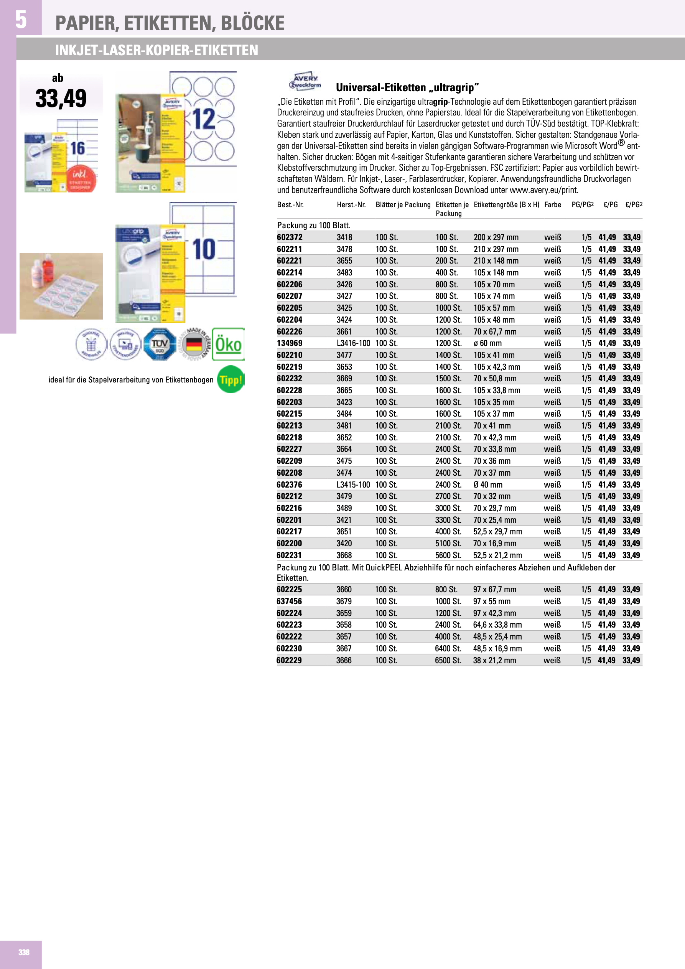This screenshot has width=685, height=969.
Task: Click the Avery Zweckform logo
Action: pyautogui.click(x=305, y=81)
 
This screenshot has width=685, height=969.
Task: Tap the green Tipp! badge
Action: pyautogui.click(x=231, y=379)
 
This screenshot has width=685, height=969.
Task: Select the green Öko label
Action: pyautogui.click(x=228, y=344)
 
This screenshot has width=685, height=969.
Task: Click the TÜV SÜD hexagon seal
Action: pyautogui.click(x=160, y=344)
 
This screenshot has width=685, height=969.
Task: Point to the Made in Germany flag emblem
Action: pyautogui.click(x=194, y=344)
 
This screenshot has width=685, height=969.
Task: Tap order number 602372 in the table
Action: pyautogui.click(x=290, y=237)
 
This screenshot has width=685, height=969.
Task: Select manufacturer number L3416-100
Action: pyautogui.click(x=353, y=343)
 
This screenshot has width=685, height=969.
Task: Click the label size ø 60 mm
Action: pyautogui.click(x=487, y=343)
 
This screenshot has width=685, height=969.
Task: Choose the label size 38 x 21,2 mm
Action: pyautogui.click(x=494, y=660)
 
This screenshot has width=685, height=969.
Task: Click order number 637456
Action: pyautogui.click(x=289, y=601)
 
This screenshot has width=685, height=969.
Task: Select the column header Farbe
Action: pyautogui.click(x=552, y=205)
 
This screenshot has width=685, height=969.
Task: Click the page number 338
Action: pyautogui.click(x=24, y=952)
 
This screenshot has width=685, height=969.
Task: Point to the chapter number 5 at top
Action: pyautogui.click(x=21, y=19)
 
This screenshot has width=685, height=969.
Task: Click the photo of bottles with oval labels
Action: pyautogui.click(x=61, y=286)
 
